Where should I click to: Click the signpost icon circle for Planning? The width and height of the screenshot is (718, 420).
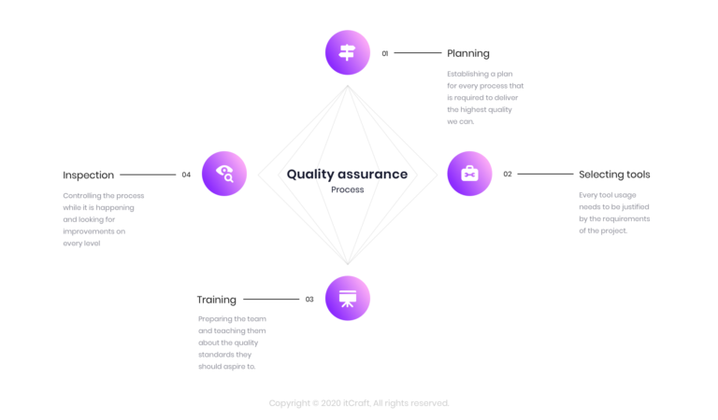tap(348, 52)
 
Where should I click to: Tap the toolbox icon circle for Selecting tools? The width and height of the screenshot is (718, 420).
tap(469, 174)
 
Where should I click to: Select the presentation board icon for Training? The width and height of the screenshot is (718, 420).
tap(348, 299)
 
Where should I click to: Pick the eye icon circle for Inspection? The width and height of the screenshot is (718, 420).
tap(224, 174)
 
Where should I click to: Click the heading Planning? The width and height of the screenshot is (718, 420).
tap(467, 53)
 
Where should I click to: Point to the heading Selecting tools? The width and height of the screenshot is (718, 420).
tap(614, 175)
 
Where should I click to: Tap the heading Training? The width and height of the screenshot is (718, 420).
tap(216, 300)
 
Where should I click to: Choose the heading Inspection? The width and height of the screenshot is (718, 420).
tap(88, 175)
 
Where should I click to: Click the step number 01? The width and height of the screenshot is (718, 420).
tap(385, 53)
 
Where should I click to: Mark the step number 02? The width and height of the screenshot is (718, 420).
tap(508, 175)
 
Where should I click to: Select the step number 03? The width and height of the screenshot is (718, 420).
tap(309, 300)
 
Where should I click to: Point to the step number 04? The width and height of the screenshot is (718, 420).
tap(186, 175)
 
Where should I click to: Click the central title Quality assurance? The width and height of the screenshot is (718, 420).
tap(347, 174)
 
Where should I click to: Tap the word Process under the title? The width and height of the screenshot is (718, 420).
tap(347, 189)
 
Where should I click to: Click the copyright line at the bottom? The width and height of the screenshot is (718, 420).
tap(359, 403)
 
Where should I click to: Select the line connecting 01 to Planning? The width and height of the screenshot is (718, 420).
tap(418, 53)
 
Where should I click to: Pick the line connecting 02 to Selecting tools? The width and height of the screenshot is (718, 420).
tap(545, 175)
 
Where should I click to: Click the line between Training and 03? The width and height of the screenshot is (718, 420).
tap(270, 300)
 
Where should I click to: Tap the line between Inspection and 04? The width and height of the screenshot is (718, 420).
tap(148, 175)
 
